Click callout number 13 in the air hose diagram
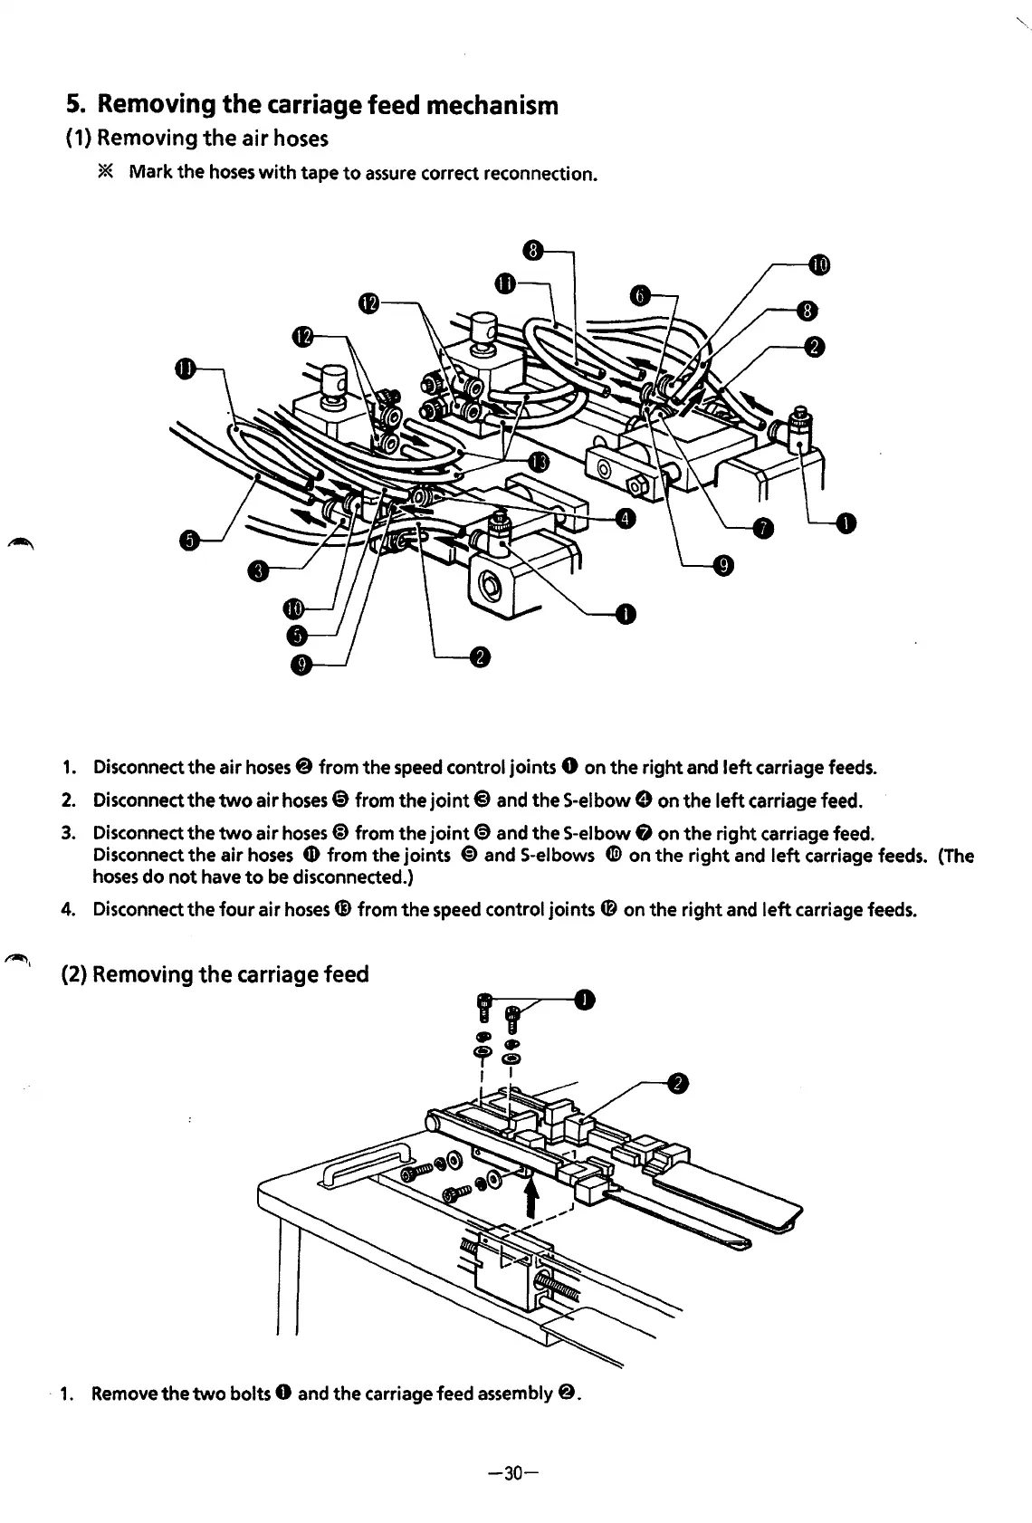[x=538, y=463]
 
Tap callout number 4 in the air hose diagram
[x=624, y=519]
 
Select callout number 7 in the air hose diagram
[x=763, y=528]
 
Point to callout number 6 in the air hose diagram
[x=640, y=295]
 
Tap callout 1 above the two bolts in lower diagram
[x=585, y=1000]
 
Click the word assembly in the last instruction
[x=513, y=1394]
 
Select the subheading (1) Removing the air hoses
[x=197, y=139]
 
